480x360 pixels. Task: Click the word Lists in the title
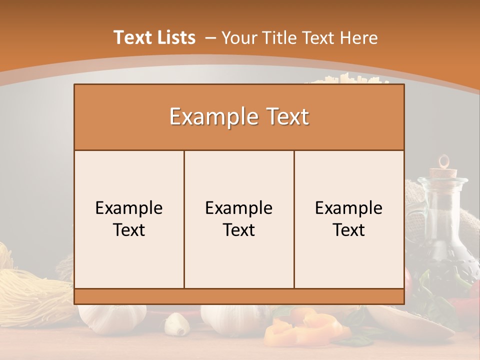pyautogui.click(x=174, y=37)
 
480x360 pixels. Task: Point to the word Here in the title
pyautogui.click(x=358, y=38)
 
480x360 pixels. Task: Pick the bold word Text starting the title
pyautogui.click(x=132, y=37)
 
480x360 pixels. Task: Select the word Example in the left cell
pyautogui.click(x=129, y=208)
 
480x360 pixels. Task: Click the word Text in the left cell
pyautogui.click(x=129, y=230)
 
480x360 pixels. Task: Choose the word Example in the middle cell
pyautogui.click(x=239, y=208)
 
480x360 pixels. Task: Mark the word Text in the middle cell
pyautogui.click(x=239, y=230)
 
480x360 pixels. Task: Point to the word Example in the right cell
pyautogui.click(x=349, y=208)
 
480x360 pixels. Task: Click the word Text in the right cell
pyautogui.click(x=349, y=230)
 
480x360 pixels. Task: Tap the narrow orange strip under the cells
pyautogui.click(x=239, y=296)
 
